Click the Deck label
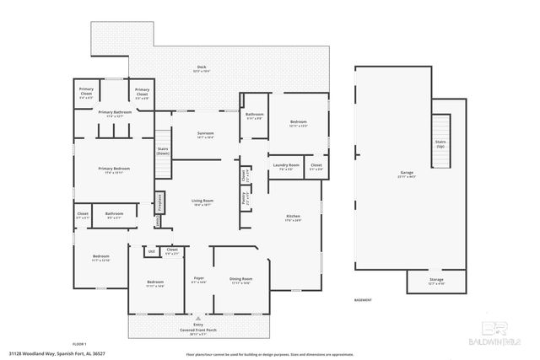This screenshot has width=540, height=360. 202,67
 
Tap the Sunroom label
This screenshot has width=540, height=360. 205,132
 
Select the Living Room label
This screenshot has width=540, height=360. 203,201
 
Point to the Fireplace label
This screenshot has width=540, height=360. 159,202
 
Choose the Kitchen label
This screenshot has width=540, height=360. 293,217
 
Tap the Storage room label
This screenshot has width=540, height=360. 435,279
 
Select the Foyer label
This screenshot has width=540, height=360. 199,277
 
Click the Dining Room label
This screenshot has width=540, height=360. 242,278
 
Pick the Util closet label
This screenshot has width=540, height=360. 151,250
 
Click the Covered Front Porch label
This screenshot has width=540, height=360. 199,327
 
